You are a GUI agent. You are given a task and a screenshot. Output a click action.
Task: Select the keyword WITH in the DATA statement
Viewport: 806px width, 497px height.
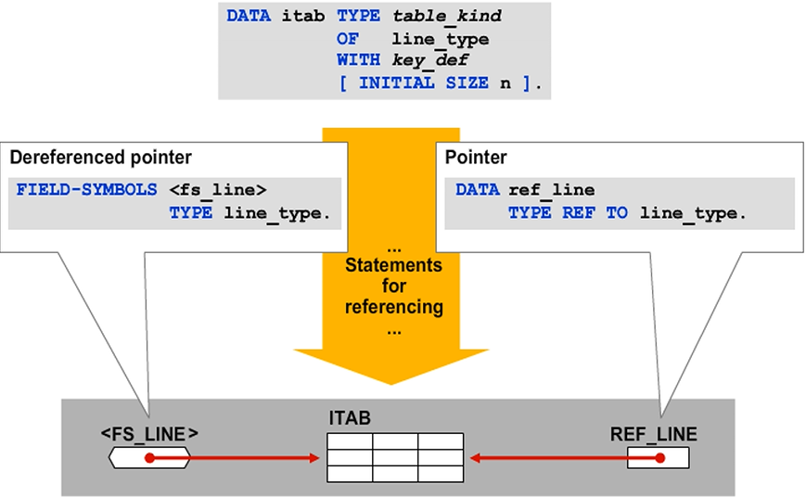coord(358,60)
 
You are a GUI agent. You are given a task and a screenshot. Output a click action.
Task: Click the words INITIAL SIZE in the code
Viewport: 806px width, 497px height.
coord(423,83)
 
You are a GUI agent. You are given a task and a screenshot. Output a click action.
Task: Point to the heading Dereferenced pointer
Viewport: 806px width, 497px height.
coord(100,158)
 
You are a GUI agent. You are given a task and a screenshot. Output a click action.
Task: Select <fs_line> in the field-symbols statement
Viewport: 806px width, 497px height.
coord(218,190)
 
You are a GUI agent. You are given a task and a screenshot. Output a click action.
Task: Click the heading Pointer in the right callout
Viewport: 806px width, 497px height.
coord(477,158)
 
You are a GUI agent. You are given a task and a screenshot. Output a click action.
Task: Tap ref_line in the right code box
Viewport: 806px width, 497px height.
coord(552,190)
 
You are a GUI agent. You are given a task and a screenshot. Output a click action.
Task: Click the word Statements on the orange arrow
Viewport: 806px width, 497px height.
coord(393,266)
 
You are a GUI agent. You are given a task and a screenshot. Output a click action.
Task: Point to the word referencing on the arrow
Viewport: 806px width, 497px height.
coord(393,307)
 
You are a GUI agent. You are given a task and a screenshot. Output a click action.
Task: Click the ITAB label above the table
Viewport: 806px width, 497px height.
coord(350,419)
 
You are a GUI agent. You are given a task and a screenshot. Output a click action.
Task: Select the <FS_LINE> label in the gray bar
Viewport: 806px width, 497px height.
coord(149,433)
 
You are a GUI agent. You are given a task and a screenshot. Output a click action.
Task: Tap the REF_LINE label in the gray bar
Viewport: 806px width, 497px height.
coord(653,433)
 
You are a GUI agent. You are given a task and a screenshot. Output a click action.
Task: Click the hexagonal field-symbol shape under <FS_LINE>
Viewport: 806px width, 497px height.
coord(149,457)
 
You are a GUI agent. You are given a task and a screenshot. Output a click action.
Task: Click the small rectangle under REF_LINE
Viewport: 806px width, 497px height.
coord(657,457)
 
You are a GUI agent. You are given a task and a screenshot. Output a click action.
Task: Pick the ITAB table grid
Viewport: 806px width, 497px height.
coord(394,457)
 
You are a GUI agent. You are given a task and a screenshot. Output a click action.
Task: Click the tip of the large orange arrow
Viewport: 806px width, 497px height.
coord(393,380)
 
